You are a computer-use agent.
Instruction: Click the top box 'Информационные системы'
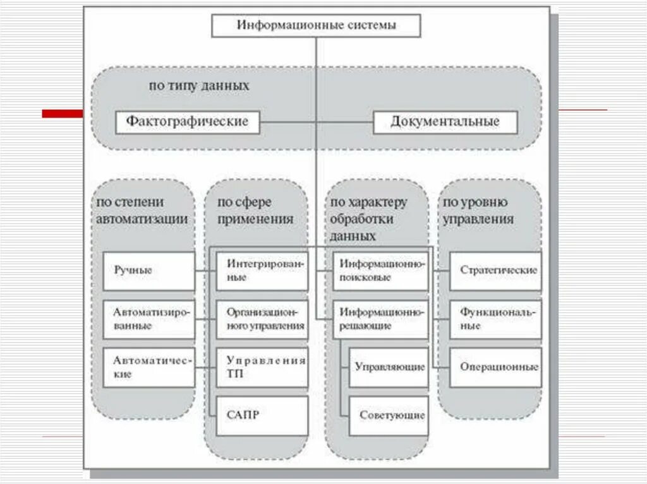pyautogui.click(x=317, y=27)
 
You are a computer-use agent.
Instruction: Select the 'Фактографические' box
pyautogui.click(x=187, y=121)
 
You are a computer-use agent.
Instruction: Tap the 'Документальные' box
pyautogui.click(x=445, y=121)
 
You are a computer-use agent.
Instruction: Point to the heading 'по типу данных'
pyautogui.click(x=198, y=85)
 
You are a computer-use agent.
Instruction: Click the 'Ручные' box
pyautogui.click(x=148, y=271)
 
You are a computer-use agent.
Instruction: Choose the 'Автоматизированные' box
pyautogui.click(x=148, y=319)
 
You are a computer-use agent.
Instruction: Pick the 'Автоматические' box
pyautogui.click(x=148, y=367)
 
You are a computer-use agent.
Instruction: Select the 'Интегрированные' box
pyautogui.click(x=262, y=271)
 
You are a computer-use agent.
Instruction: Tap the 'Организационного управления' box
pyautogui.click(x=262, y=319)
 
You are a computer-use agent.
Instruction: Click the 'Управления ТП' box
pyautogui.click(x=262, y=367)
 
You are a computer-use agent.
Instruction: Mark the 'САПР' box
pyautogui.click(x=262, y=415)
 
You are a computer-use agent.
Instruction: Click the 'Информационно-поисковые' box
pyautogui.click(x=380, y=271)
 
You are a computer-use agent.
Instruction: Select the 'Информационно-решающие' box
pyautogui.click(x=380, y=319)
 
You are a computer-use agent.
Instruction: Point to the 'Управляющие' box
pyautogui.click(x=389, y=367)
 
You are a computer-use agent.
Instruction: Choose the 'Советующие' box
pyautogui.click(x=389, y=415)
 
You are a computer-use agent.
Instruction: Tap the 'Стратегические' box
pyautogui.click(x=495, y=271)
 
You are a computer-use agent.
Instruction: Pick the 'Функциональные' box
pyautogui.click(x=495, y=319)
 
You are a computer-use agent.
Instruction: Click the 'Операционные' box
pyautogui.click(x=495, y=367)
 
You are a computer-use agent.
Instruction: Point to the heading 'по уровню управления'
pyautogui.click(x=477, y=211)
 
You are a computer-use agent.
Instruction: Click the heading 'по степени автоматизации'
pyautogui.click(x=142, y=211)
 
